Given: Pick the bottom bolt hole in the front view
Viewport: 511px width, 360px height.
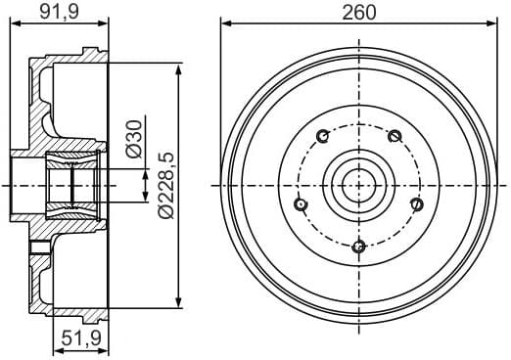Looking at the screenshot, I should point(358,246).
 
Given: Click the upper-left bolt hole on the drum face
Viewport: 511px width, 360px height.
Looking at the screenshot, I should point(322,136).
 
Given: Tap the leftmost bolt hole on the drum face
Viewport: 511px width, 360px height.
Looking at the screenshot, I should point(301,203).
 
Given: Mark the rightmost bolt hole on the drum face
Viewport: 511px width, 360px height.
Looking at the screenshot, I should point(415,203).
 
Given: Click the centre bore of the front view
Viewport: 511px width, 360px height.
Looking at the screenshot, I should point(358,183).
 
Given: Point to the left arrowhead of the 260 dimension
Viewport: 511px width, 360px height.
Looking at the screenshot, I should point(226,22).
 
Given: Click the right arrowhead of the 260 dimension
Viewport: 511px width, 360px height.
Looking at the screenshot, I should point(489,22).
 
